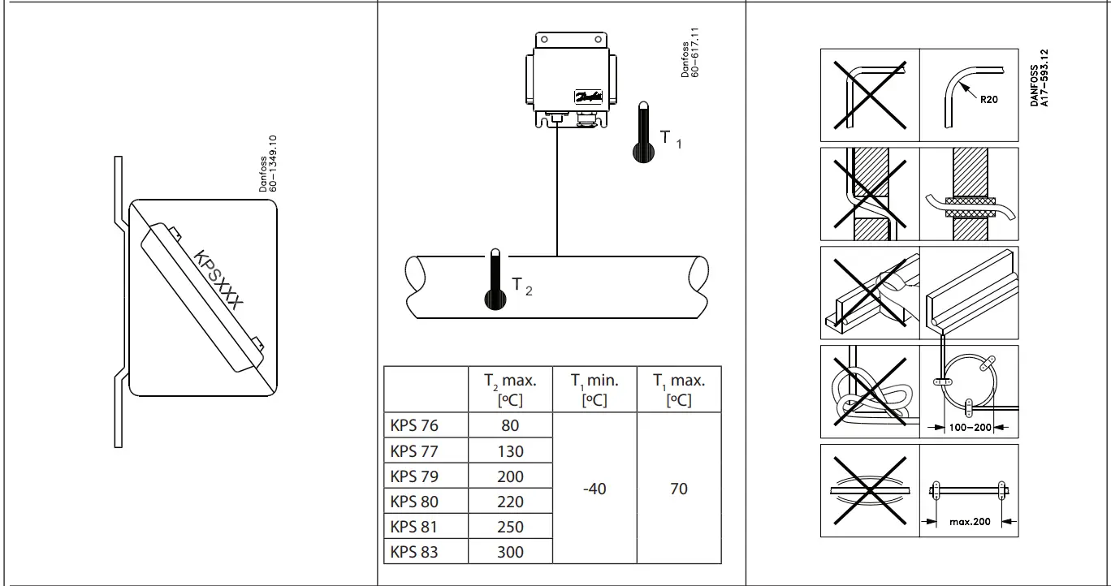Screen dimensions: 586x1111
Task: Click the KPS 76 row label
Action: click(414, 425)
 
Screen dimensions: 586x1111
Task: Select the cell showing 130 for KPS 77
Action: click(510, 451)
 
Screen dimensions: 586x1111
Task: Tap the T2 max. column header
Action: click(510, 389)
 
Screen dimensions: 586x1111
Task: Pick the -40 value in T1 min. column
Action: click(594, 489)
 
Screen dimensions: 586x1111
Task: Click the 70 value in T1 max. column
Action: click(678, 489)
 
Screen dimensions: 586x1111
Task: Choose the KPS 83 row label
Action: click(414, 552)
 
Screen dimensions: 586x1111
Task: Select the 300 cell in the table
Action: click(510, 552)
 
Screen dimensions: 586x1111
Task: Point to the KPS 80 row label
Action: click(414, 502)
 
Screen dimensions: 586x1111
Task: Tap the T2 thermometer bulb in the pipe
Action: click(494, 299)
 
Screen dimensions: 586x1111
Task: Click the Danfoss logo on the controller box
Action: click(588, 97)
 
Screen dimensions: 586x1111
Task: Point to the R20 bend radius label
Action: click(988, 100)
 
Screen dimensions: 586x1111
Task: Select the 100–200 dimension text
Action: click(970, 427)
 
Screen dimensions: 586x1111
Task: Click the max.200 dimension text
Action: click(970, 522)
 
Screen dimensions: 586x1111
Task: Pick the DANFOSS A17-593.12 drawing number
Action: click(1039, 78)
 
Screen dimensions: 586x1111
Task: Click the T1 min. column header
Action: click(594, 389)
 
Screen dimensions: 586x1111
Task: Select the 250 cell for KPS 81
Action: click(510, 527)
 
